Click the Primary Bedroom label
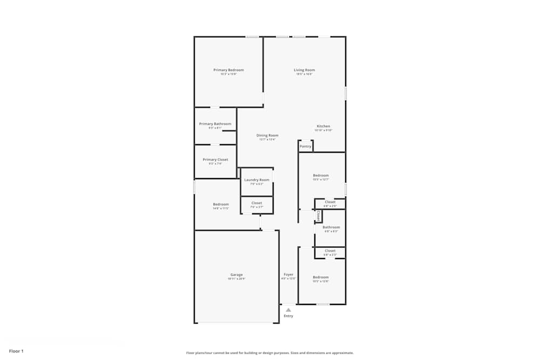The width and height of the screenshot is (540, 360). (228, 70)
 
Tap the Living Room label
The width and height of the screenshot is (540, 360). (304, 70)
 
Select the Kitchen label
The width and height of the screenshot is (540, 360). (323, 126)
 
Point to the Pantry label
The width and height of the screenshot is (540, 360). (306, 146)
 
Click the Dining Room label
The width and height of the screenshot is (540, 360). (267, 135)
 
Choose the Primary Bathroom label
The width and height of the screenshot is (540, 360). (215, 124)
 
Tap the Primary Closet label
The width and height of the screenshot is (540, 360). (215, 160)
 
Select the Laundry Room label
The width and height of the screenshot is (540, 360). (256, 180)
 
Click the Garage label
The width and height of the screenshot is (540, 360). (237, 275)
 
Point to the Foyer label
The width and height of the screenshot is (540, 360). (289, 275)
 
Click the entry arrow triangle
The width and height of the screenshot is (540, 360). (288, 310)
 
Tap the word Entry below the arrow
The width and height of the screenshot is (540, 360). (288, 316)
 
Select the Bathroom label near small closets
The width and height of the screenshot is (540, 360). (331, 227)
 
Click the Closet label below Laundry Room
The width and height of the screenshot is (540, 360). (256, 203)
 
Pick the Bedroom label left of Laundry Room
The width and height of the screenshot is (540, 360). (220, 204)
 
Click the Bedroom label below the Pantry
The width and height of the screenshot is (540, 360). (321, 175)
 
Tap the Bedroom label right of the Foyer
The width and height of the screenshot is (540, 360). (320, 277)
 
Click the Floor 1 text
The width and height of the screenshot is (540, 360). (16, 351)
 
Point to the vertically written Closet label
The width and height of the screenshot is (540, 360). (319, 215)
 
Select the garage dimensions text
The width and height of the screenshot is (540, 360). (237, 279)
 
